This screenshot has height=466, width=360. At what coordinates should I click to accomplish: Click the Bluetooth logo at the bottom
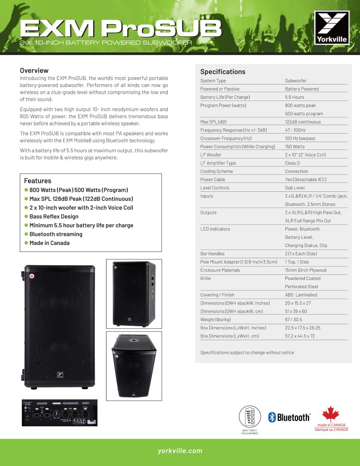[289, 417]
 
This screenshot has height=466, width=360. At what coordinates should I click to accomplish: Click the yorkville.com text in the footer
[180, 451]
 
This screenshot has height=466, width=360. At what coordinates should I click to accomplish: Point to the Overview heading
[34, 70]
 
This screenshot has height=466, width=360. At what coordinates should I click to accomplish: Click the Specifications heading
[223, 71]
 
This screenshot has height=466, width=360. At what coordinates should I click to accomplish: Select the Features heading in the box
[38, 181]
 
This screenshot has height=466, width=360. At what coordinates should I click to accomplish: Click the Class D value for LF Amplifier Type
[292, 163]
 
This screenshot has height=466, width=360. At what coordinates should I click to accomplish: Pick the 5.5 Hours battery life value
[294, 97]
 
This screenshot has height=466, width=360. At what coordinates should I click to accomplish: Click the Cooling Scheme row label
[217, 171]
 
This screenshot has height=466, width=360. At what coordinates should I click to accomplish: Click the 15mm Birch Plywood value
[306, 270]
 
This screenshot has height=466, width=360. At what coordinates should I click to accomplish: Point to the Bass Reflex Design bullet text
[54, 217]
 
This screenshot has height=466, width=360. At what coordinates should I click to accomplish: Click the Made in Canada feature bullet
[50, 243]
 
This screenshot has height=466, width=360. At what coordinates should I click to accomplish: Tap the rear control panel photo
[59, 413]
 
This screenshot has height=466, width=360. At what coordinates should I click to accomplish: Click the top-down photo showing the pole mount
[134, 366]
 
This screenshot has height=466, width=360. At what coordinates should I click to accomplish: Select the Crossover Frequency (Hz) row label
[226, 138]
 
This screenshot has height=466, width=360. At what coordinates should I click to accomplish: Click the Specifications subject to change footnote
[247, 353]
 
